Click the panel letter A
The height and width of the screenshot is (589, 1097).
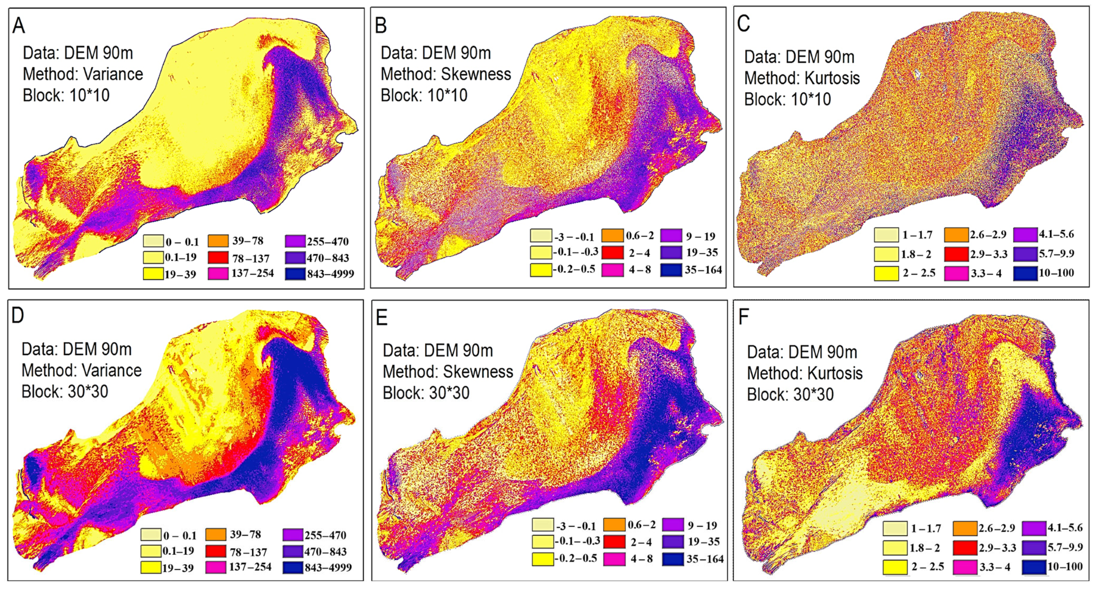(19, 26)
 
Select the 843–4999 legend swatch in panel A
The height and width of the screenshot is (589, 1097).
(296, 273)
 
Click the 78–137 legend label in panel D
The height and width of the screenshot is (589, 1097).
(248, 552)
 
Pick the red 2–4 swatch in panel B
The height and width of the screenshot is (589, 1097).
(612, 253)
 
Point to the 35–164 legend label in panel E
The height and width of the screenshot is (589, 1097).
(705, 559)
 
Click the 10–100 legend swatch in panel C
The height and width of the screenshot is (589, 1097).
(1025, 273)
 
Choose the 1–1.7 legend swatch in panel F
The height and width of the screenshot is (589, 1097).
(895, 529)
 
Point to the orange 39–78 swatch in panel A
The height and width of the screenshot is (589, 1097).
(218, 241)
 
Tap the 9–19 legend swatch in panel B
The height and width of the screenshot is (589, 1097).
(672, 235)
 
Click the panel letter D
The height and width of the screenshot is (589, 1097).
(18, 316)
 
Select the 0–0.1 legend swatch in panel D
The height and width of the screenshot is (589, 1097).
(151, 535)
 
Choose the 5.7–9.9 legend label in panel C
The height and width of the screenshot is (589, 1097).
(1056, 254)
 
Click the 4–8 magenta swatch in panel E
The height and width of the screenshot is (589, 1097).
(614, 559)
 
